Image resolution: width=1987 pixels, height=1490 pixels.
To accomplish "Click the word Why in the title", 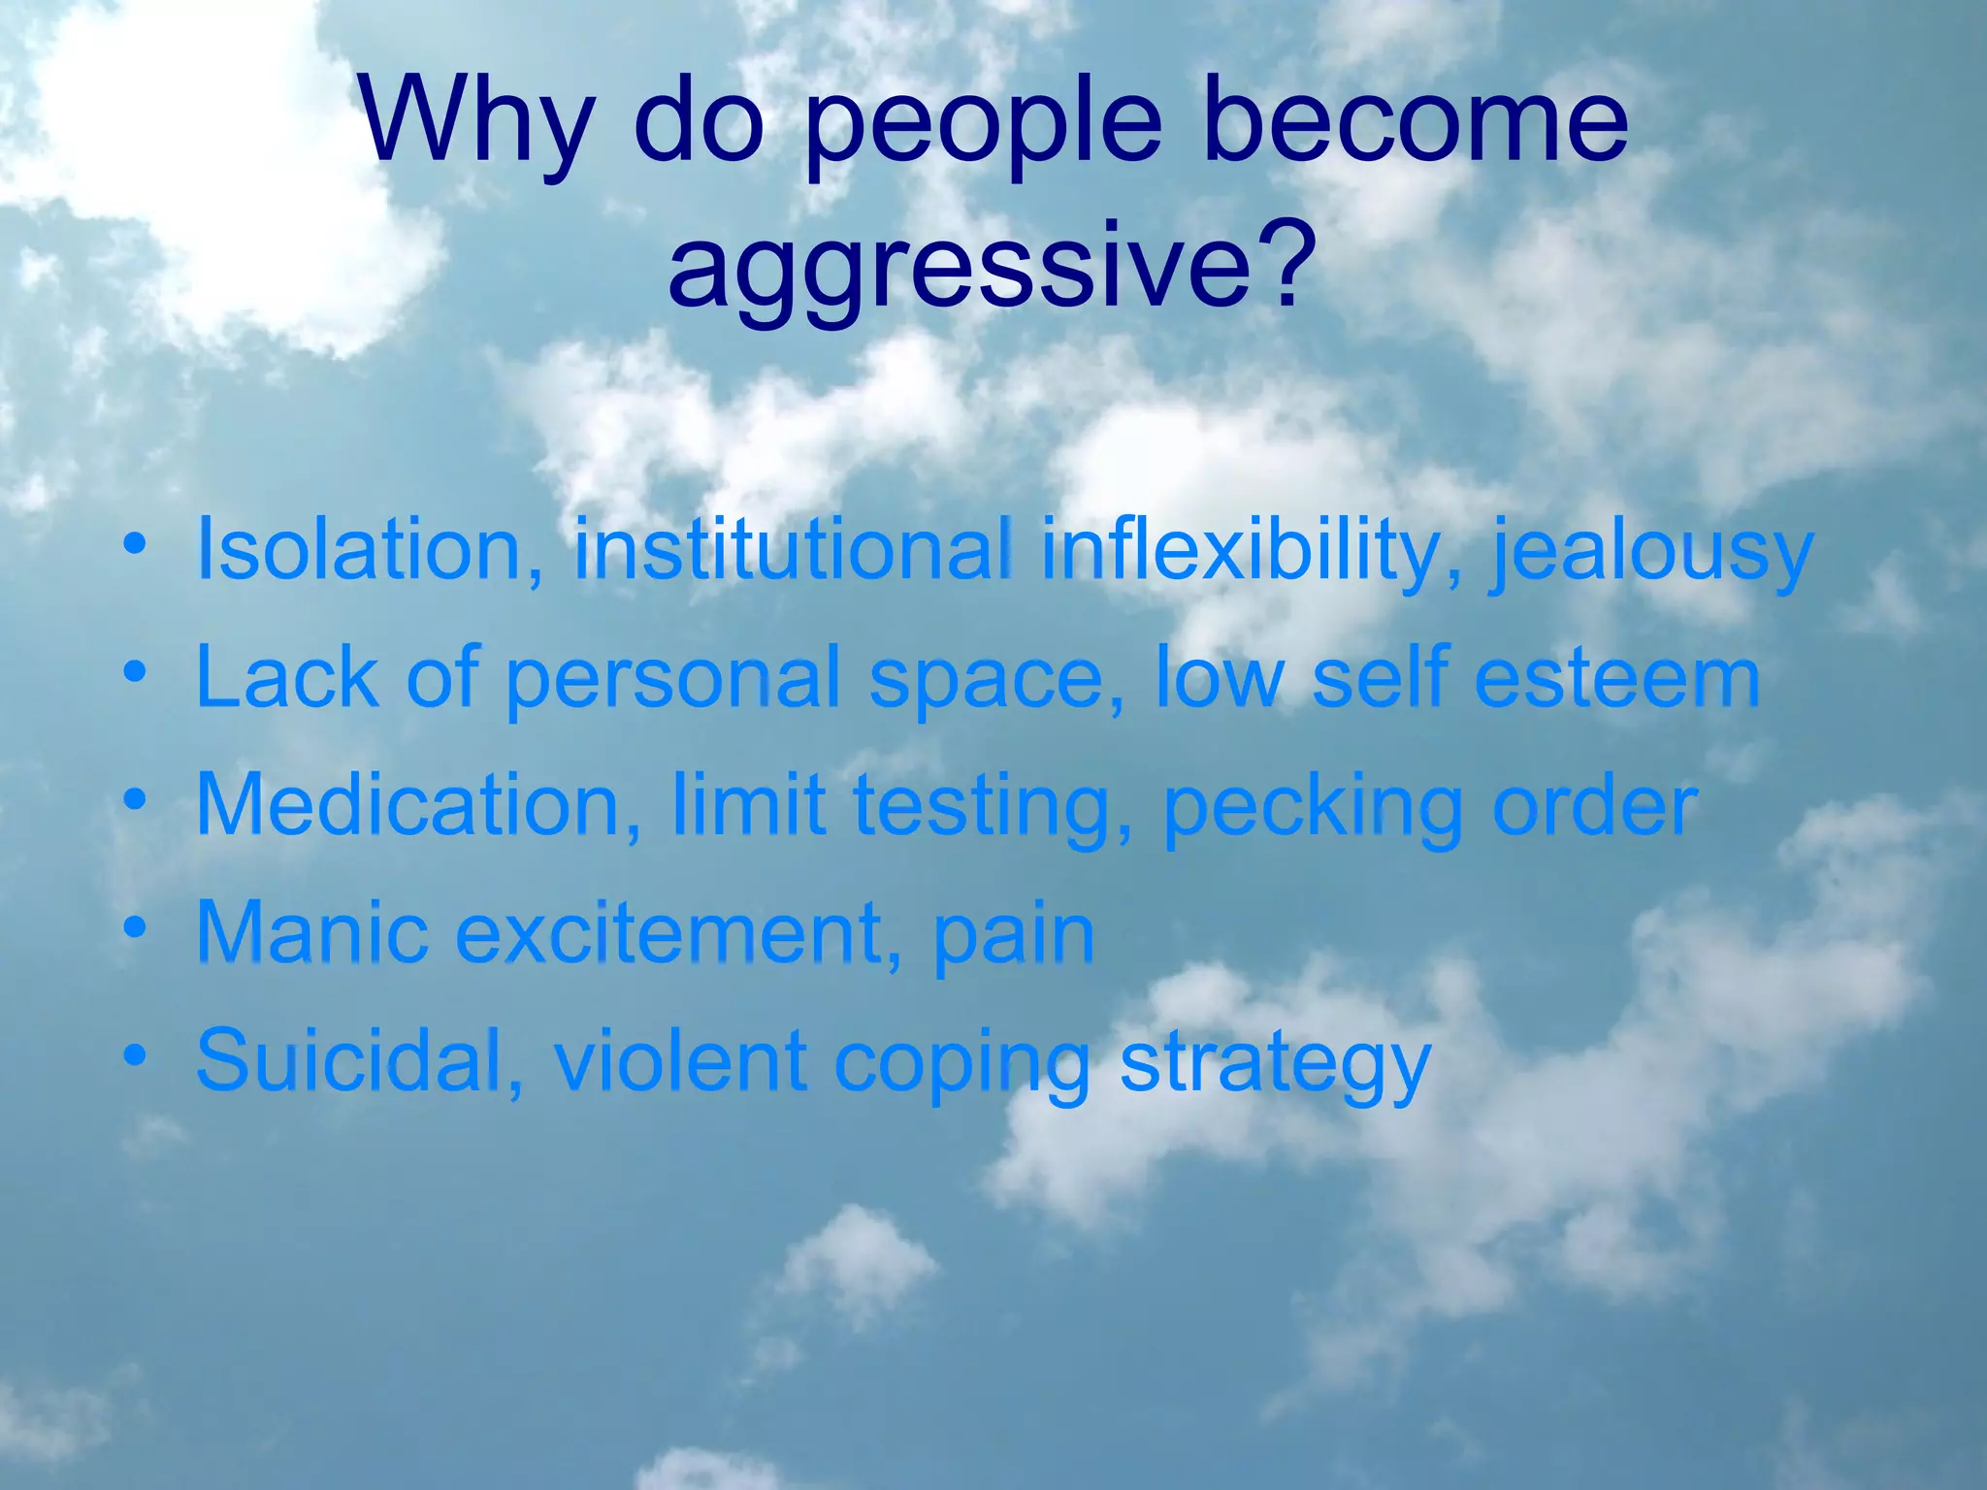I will click(x=474, y=124).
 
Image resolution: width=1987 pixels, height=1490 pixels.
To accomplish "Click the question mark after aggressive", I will click(x=1290, y=262).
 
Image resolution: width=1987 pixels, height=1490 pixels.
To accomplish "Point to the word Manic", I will click(x=311, y=932).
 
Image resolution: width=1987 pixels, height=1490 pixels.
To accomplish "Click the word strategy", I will click(x=1275, y=1063).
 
